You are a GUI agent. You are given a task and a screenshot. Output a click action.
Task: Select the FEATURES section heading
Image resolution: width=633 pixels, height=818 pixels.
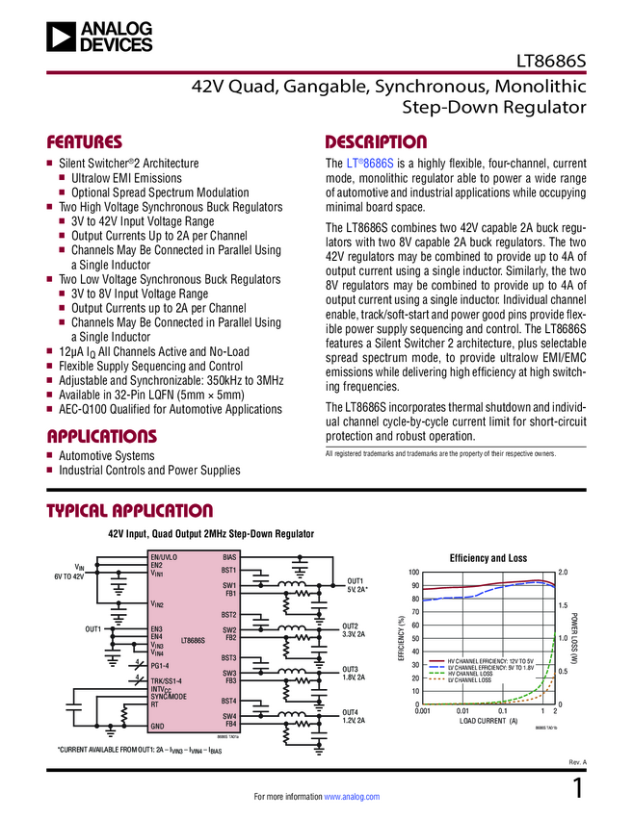pos(85,141)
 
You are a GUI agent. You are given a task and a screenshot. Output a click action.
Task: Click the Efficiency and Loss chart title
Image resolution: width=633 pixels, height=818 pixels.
pos(490,558)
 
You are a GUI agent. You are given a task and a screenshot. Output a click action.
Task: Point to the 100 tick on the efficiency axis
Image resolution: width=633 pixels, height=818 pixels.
pos(414,573)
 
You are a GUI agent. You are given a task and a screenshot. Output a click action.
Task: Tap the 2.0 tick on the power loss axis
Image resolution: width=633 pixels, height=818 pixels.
pos(564,573)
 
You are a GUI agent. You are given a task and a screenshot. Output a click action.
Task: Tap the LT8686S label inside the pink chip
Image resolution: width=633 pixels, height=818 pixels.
pos(192,639)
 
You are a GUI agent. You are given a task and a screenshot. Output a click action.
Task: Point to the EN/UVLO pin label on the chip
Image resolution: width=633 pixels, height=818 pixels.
pos(164,557)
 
